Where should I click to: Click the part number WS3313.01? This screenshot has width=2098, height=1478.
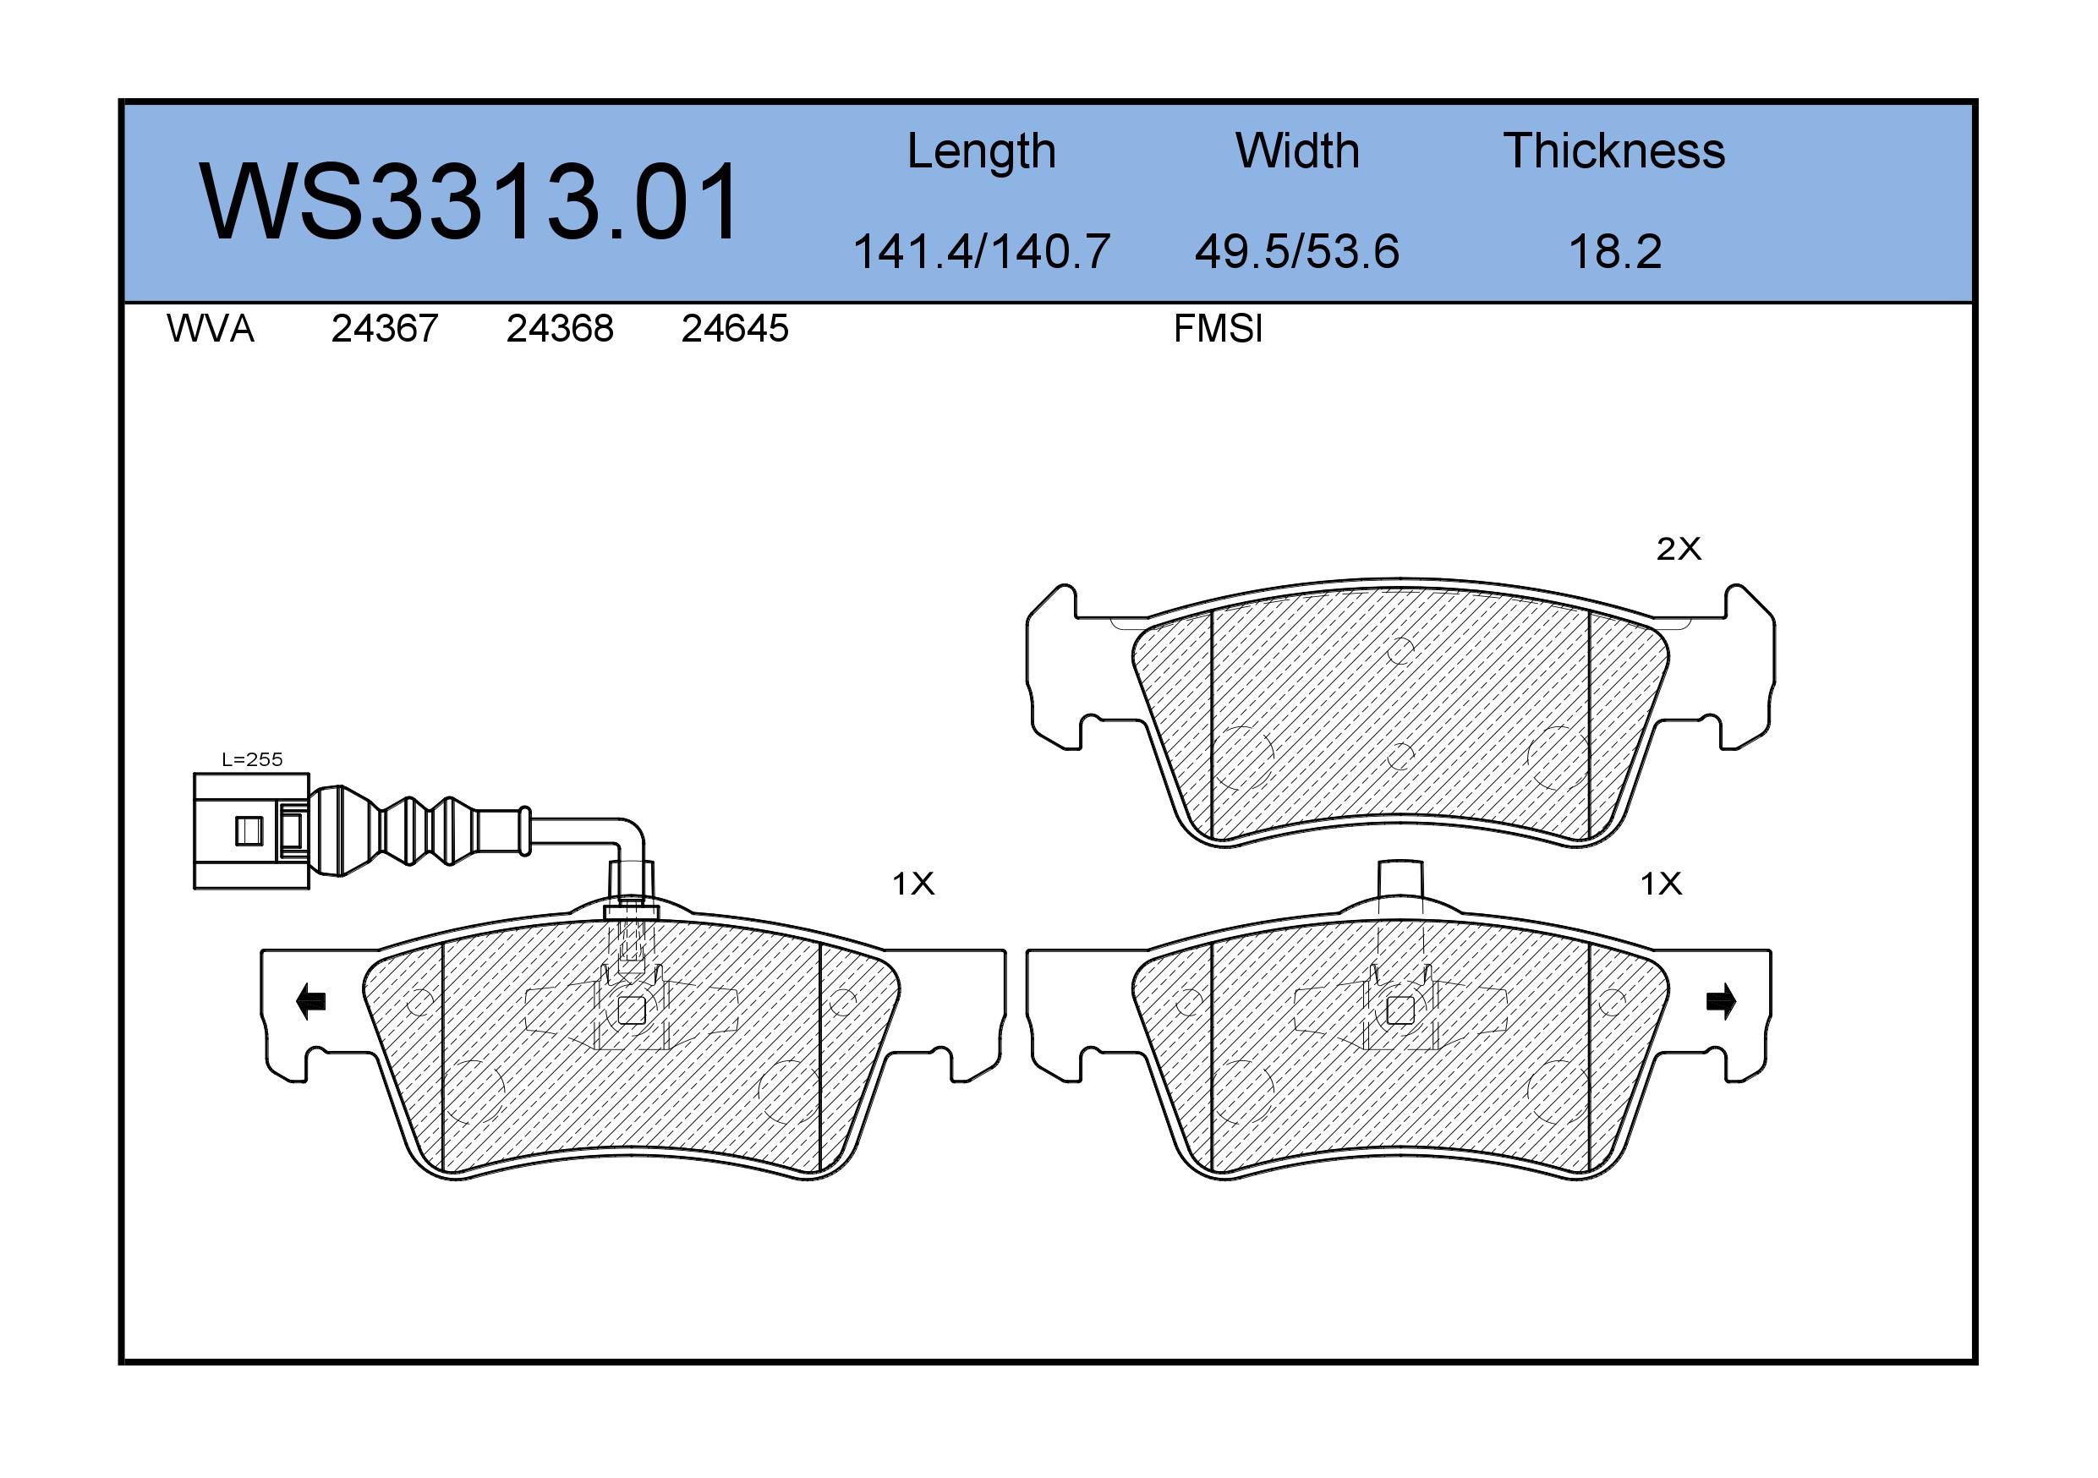click(x=468, y=201)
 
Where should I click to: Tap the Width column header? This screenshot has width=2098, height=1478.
click(x=1296, y=151)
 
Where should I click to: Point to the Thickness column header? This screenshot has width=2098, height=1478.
click(x=1613, y=151)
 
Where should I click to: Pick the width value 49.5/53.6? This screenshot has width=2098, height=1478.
click(x=1296, y=251)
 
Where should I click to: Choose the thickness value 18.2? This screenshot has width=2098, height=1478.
click(x=1614, y=251)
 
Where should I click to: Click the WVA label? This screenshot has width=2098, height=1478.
click(x=211, y=329)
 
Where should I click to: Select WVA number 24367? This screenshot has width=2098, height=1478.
click(x=385, y=329)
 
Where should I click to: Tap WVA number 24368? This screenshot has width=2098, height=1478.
click(x=560, y=329)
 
